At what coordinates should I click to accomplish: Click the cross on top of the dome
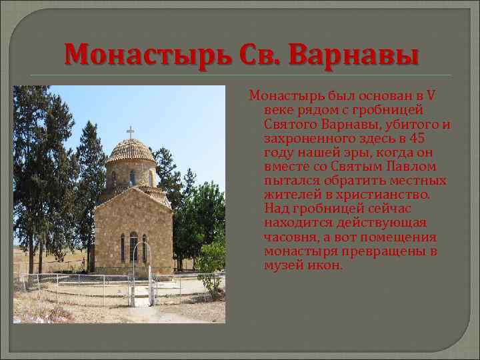click(130, 131)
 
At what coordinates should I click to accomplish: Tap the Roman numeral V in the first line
click(431, 95)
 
